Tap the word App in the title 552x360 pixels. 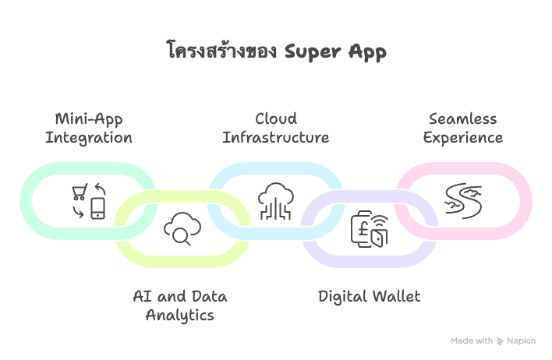[366, 52]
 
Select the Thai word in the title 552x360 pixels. [221, 51]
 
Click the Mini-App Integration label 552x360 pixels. [88, 129]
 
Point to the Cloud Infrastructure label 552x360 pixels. [275, 129]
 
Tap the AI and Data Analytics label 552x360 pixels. [179, 305]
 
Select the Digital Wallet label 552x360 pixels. [369, 296]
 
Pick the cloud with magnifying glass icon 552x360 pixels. [182, 230]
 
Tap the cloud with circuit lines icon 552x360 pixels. [276, 200]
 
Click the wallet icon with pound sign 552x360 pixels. [370, 229]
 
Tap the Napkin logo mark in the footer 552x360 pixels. [501, 341]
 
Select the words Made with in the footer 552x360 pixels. [472, 341]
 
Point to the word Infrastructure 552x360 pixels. [275, 138]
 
